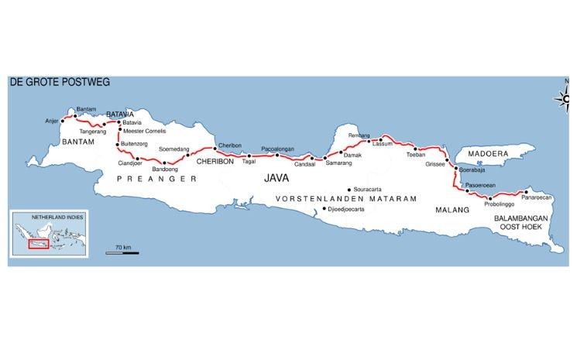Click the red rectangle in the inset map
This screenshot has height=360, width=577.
pyautogui.click(x=37, y=245)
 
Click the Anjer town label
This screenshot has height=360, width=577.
pyautogui.click(x=53, y=121)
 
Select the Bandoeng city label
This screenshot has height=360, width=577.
pyautogui.click(x=166, y=169)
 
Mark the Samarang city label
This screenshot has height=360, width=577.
pyautogui.click(x=339, y=163)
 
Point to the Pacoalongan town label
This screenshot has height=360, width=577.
pyautogui.click(x=278, y=148)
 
